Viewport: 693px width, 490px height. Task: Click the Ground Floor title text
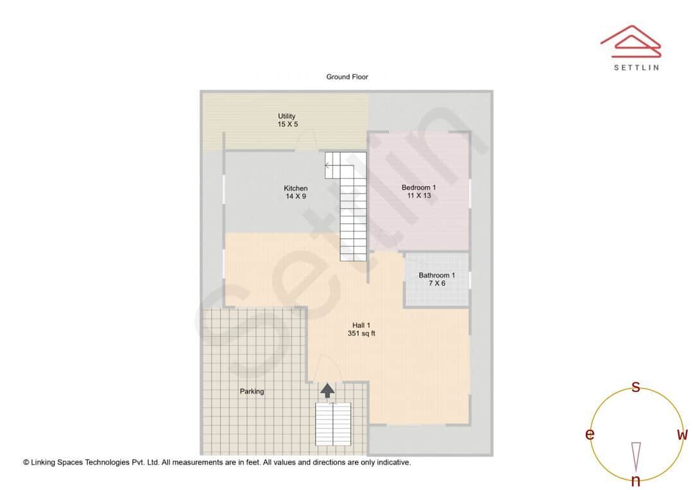pyautogui.click(x=347, y=77)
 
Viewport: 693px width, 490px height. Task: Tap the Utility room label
pyautogui.click(x=287, y=116)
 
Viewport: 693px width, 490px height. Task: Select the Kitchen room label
pyautogui.click(x=296, y=188)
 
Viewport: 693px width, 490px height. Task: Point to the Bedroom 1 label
pyautogui.click(x=418, y=187)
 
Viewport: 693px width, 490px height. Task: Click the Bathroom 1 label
pyautogui.click(x=437, y=275)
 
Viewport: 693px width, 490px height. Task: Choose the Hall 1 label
pyautogui.click(x=361, y=325)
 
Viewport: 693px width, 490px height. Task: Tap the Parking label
pyautogui.click(x=252, y=391)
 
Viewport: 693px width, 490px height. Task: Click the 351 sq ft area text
pyautogui.click(x=361, y=334)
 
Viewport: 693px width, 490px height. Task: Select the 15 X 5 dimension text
pyautogui.click(x=287, y=124)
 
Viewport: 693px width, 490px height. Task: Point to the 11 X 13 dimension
pyautogui.click(x=418, y=196)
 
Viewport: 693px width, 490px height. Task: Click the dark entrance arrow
pyautogui.click(x=327, y=389)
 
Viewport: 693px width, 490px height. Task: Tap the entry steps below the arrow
pyautogui.click(x=333, y=424)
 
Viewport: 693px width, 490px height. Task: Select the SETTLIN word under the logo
pyautogui.click(x=636, y=67)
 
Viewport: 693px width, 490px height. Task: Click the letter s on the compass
pyautogui.click(x=636, y=386)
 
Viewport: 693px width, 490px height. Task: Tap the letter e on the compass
pyautogui.click(x=590, y=435)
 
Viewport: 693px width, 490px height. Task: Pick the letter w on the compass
pyautogui.click(x=682, y=435)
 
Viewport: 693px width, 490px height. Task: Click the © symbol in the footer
pyautogui.click(x=26, y=462)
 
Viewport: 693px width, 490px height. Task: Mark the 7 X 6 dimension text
pyautogui.click(x=437, y=283)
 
